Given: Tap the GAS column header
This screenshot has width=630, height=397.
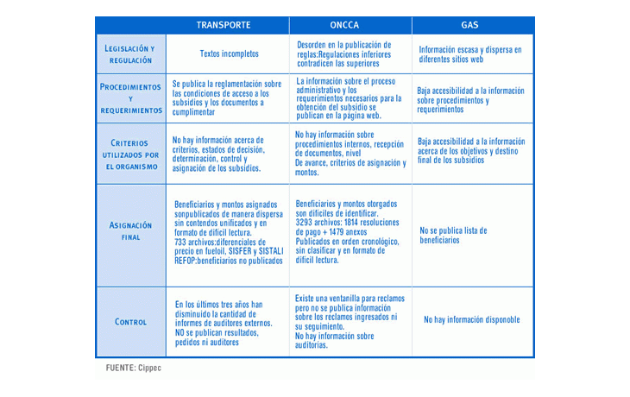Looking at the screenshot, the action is click(x=470, y=25).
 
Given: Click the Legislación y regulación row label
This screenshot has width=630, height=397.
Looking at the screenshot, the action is click(x=130, y=54).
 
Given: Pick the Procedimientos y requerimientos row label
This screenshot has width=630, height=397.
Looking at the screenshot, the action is click(x=130, y=98).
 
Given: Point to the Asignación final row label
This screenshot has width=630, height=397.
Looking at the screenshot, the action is click(x=130, y=230).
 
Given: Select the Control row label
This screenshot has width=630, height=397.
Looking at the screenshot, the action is click(x=130, y=322).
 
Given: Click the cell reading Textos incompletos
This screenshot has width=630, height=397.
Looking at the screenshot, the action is click(x=229, y=54).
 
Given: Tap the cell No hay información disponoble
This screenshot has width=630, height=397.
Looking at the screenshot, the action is click(x=471, y=320).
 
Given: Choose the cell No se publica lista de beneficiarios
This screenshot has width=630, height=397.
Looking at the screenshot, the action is click(x=453, y=235).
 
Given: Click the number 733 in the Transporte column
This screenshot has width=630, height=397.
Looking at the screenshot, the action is click(x=180, y=242).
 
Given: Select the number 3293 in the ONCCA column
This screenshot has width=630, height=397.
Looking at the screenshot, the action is click(x=306, y=222).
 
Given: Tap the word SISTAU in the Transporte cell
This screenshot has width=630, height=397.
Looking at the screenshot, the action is click(x=270, y=250).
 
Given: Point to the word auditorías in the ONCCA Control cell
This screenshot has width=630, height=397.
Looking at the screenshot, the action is click(x=312, y=345).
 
